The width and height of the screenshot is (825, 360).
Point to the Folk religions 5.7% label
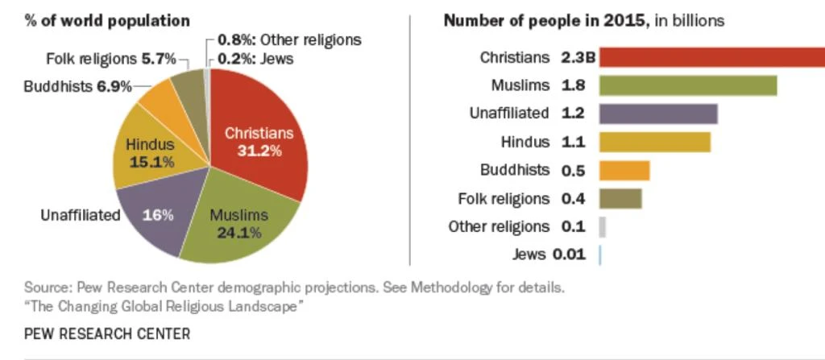(111, 59)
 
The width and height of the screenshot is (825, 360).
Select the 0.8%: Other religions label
(289, 39)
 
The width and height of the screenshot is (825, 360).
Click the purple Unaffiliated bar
(657, 114)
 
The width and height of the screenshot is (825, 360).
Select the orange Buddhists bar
(624, 170)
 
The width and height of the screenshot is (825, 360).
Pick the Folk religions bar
(620, 198)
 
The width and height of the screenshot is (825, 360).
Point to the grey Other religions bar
(603, 226)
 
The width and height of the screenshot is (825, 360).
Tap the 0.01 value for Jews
(568, 254)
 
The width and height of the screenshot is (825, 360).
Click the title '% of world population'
(107, 20)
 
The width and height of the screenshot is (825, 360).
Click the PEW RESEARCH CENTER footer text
(107, 333)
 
